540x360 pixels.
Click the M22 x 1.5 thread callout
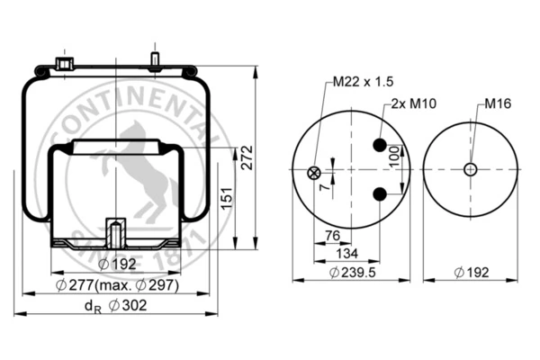click(363, 82)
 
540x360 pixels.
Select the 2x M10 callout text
click(414, 103)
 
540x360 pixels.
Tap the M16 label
click(498, 103)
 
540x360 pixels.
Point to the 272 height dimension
click(247, 157)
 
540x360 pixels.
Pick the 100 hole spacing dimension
click(395, 157)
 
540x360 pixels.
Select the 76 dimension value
click(333, 236)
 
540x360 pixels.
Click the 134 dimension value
click(347, 254)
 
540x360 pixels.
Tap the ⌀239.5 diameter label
click(352, 273)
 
